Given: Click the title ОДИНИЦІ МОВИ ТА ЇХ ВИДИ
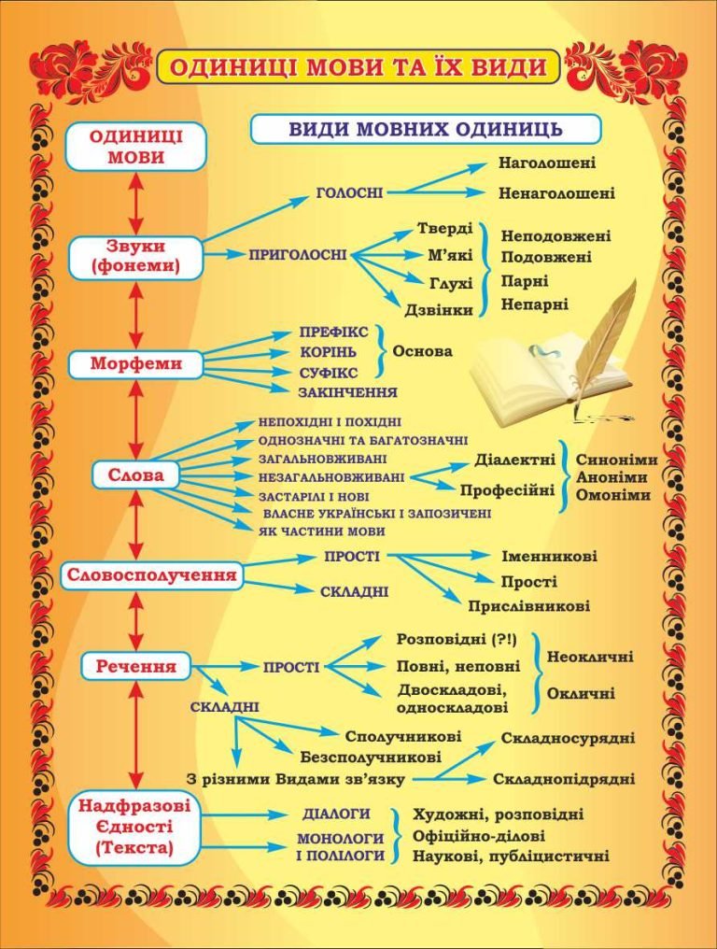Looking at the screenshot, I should tap(358, 66).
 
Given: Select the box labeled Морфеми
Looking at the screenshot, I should tap(135, 363).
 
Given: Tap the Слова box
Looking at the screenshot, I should tap(135, 475).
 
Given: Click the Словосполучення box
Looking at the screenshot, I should tap(150, 574).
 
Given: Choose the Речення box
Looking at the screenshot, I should tap(135, 667).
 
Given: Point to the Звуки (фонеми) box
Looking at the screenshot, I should tap(135, 257).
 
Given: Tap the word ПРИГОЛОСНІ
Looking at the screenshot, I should tap(298, 254).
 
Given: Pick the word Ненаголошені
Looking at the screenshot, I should tap(556, 193).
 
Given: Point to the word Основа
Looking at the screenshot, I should tap(422, 352).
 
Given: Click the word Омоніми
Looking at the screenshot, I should tap(612, 495).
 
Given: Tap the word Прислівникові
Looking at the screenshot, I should tap(528, 606).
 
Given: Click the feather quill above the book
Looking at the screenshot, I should tap(607, 327).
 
